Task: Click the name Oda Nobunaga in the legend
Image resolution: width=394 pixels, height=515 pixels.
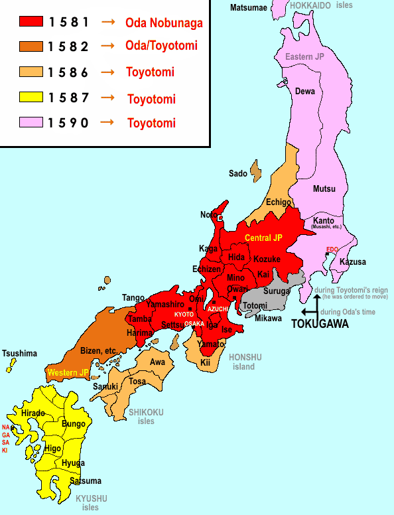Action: (x=164, y=23)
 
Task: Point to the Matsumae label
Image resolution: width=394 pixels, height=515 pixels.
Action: (x=249, y=7)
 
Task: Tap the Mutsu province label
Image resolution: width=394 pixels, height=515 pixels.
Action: (x=324, y=188)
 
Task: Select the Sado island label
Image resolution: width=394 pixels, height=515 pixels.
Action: (x=237, y=174)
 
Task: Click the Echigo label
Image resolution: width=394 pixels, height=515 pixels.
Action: (x=278, y=202)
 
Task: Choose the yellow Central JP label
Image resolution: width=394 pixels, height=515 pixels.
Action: (x=263, y=238)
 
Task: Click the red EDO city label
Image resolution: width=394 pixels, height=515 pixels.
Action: (x=332, y=250)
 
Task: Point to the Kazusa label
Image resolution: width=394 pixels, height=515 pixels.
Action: (x=352, y=262)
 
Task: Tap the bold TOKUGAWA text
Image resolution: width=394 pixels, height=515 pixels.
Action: (x=320, y=325)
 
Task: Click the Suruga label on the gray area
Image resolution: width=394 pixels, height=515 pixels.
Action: (x=277, y=291)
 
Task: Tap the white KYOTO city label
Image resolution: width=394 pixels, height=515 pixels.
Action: (x=184, y=314)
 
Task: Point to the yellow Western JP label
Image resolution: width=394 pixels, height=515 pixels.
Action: (x=68, y=373)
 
